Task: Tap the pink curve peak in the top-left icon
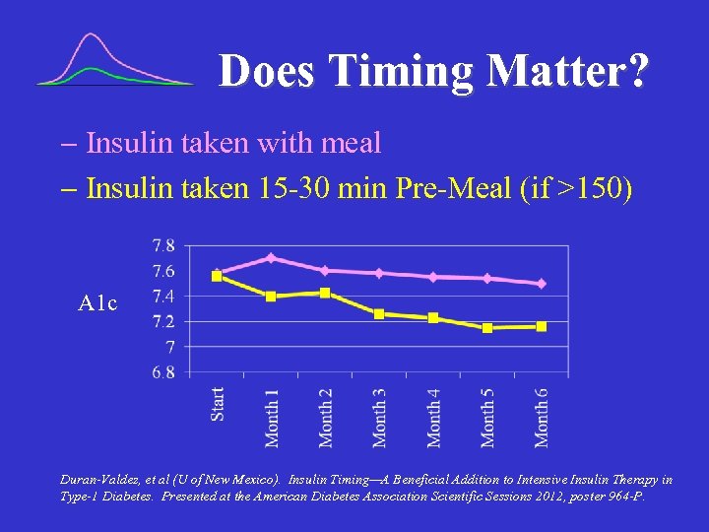point(92,35)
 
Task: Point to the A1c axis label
point(97,303)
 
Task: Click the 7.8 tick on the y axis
point(163,245)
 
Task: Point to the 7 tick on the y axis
point(169,347)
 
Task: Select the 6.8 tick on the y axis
point(163,372)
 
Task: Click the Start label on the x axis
point(218,403)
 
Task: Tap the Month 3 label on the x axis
point(380,416)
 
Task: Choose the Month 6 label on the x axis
point(542,416)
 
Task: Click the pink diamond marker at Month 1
point(271,258)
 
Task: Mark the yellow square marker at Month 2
point(325,293)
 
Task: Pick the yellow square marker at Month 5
point(487,327)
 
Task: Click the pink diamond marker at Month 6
point(541,284)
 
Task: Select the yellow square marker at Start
point(218,277)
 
